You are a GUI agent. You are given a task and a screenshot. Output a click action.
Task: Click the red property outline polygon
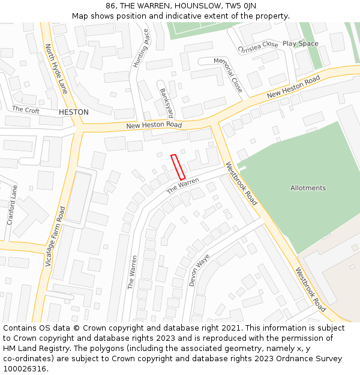point(178,167)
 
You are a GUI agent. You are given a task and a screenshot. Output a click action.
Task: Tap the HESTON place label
point(74,112)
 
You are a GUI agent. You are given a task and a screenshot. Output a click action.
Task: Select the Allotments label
point(308,188)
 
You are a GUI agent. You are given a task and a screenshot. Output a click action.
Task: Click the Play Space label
point(301,44)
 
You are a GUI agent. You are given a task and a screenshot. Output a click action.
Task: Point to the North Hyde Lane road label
point(56,68)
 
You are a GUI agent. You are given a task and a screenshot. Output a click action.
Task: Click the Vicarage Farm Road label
point(55,237)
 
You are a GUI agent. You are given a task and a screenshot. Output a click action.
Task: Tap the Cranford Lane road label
point(12,205)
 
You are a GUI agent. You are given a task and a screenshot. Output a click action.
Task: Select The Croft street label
point(26,110)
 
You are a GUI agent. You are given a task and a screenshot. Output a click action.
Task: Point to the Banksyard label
point(166,103)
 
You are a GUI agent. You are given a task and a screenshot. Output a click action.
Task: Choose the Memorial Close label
point(228,74)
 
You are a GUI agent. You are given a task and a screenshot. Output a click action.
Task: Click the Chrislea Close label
point(258,46)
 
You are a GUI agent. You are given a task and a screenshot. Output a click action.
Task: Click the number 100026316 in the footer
point(24,368)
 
